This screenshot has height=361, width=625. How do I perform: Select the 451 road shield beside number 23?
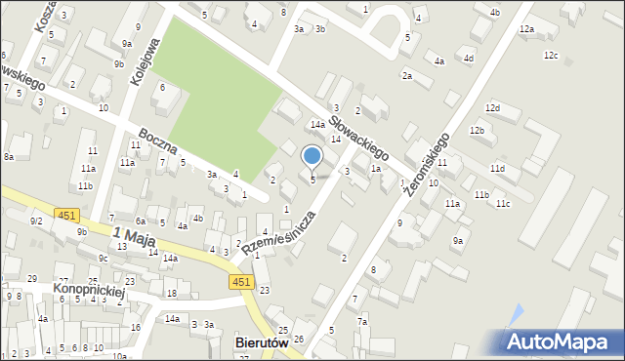coord(242,282)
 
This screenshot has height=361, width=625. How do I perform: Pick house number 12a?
coord(526,29)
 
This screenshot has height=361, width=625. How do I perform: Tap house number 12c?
coord(551,55)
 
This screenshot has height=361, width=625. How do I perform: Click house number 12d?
coord(492,107)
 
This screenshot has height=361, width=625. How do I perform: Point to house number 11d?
coord(498,169)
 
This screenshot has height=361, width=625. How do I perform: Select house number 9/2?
coord(36,221)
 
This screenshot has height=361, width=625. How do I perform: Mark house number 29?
coord(32,279)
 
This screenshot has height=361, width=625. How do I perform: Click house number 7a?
coord(362,321)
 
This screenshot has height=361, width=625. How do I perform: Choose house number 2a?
coord(406,75)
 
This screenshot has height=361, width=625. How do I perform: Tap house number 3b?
coord(319,29)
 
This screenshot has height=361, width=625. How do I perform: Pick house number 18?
coord(172,293)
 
